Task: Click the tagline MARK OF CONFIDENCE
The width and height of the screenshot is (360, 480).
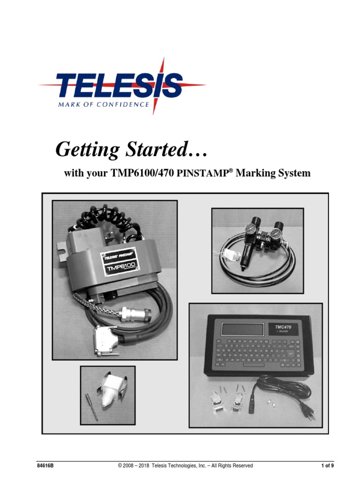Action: click(x=103, y=105)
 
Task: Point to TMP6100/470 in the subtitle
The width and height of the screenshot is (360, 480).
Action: click(x=142, y=174)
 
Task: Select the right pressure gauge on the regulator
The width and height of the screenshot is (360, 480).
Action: click(x=280, y=228)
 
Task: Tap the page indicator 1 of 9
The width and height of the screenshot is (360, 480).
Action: click(x=327, y=465)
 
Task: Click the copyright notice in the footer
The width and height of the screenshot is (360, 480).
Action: click(x=185, y=465)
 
